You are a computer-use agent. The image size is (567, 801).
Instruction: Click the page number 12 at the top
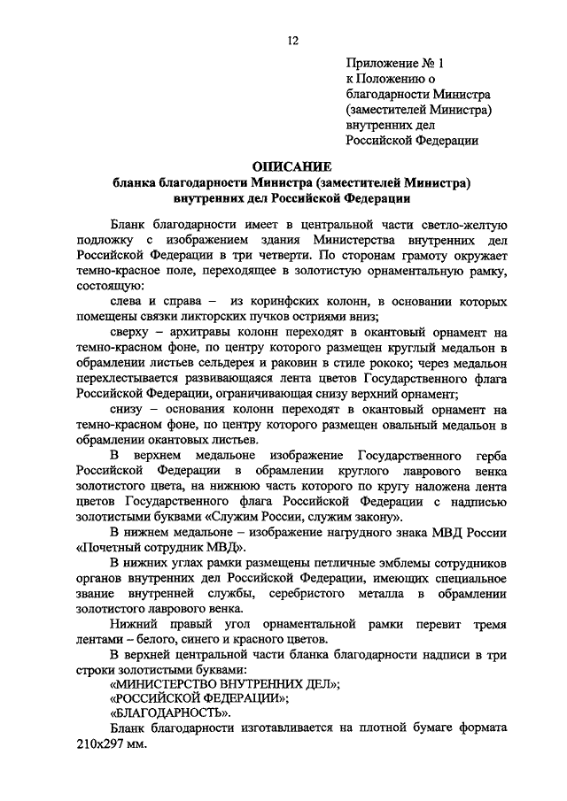291,40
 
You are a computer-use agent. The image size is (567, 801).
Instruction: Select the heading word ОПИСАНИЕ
291,166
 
